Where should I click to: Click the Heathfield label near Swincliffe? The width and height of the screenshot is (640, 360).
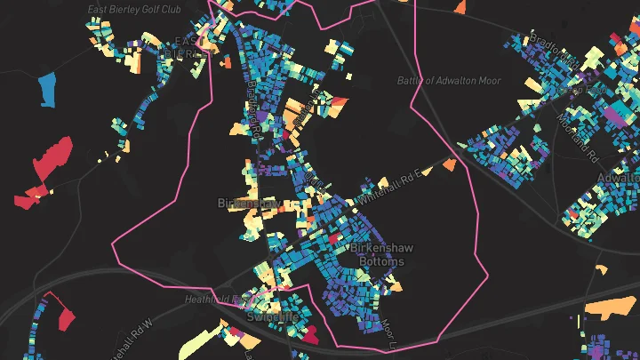pyautogui.click(x=208, y=300)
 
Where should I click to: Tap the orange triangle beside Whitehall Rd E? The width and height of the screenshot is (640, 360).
pyautogui.click(x=450, y=164)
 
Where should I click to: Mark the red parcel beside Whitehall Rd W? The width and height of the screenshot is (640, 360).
pyautogui.click(x=65, y=315)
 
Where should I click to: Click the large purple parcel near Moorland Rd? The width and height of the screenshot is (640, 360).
pyautogui.click(x=613, y=114)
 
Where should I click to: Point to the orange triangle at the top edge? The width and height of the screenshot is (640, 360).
pyautogui.click(x=460, y=7)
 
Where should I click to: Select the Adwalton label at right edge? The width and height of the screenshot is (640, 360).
pyautogui.click(x=619, y=179)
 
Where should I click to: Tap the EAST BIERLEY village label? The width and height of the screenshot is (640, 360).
pyautogui.click(x=186, y=47)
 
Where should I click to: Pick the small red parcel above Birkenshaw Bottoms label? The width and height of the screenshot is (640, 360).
pyautogui.click(x=335, y=238)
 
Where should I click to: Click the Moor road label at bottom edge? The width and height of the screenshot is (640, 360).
pyautogui.click(x=388, y=332)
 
